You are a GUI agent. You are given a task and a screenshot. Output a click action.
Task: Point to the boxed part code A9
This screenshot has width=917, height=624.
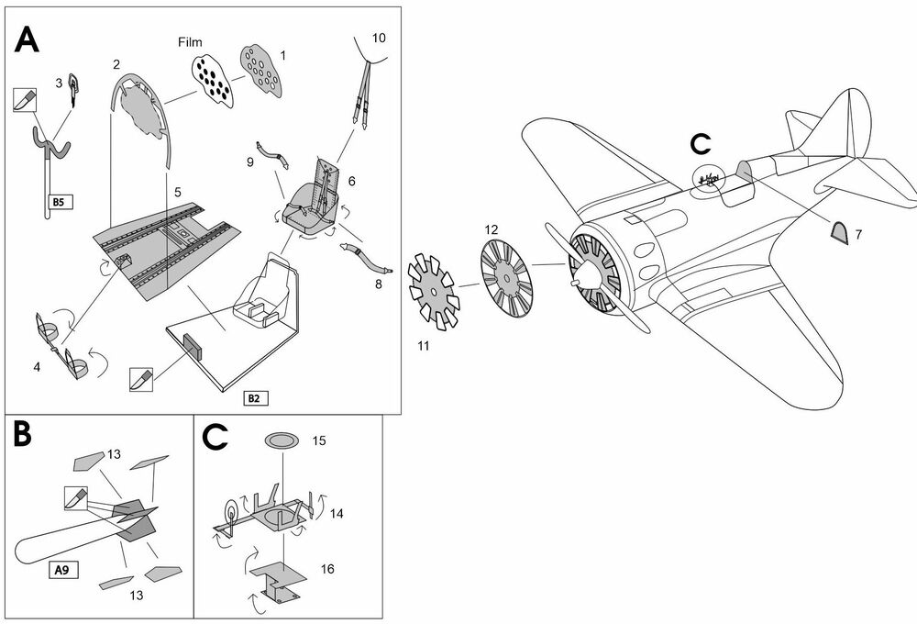60,569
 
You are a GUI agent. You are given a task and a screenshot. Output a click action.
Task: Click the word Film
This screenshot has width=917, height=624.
192,42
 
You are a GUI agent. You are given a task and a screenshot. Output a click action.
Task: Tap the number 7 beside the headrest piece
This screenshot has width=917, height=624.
857,235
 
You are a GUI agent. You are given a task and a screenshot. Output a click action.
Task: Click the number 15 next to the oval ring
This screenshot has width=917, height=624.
318,441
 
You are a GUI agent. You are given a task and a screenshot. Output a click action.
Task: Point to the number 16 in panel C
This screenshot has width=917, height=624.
327,569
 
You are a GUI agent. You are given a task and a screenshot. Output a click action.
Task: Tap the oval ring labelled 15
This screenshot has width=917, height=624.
282,442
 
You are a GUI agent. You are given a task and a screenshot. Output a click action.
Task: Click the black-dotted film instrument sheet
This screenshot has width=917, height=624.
212,76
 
